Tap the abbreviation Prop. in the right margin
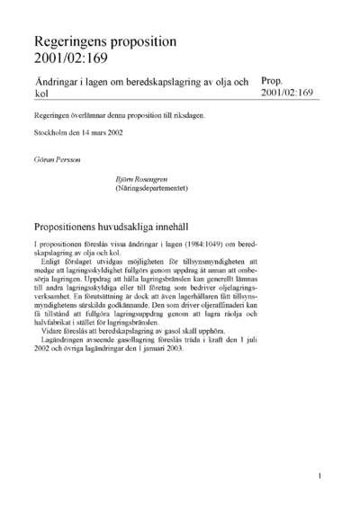click(x=272, y=80)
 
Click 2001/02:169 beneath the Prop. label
click(x=287, y=93)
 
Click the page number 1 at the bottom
click(x=320, y=474)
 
